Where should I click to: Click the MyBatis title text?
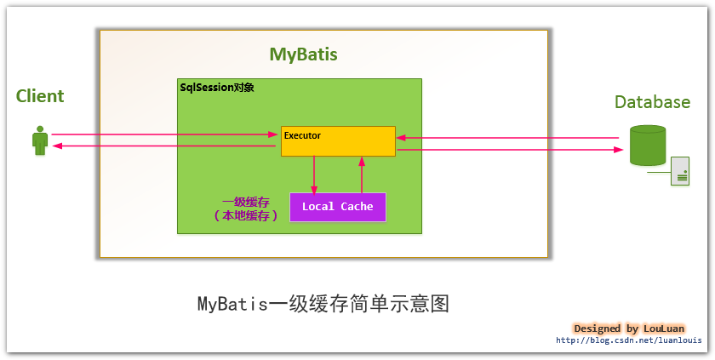coord(303,54)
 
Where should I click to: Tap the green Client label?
coord(40,96)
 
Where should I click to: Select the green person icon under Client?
coord(39,140)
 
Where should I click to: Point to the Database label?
coord(652,102)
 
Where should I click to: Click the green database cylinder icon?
coord(647,146)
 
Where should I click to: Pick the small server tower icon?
coord(680,171)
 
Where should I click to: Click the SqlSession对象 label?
coord(216,88)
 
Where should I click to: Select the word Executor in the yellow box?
coord(302,134)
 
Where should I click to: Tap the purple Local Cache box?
coord(337,207)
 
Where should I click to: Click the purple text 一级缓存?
coord(246,203)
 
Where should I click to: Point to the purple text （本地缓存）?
coord(246,217)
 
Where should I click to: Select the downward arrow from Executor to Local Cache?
coord(314,174)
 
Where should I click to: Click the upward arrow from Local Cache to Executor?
coord(362,174)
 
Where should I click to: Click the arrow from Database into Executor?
coord(507,138)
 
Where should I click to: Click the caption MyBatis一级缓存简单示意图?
coord(323,304)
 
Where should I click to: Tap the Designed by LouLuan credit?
coord(629,329)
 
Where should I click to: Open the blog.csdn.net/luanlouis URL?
coord(629,340)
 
